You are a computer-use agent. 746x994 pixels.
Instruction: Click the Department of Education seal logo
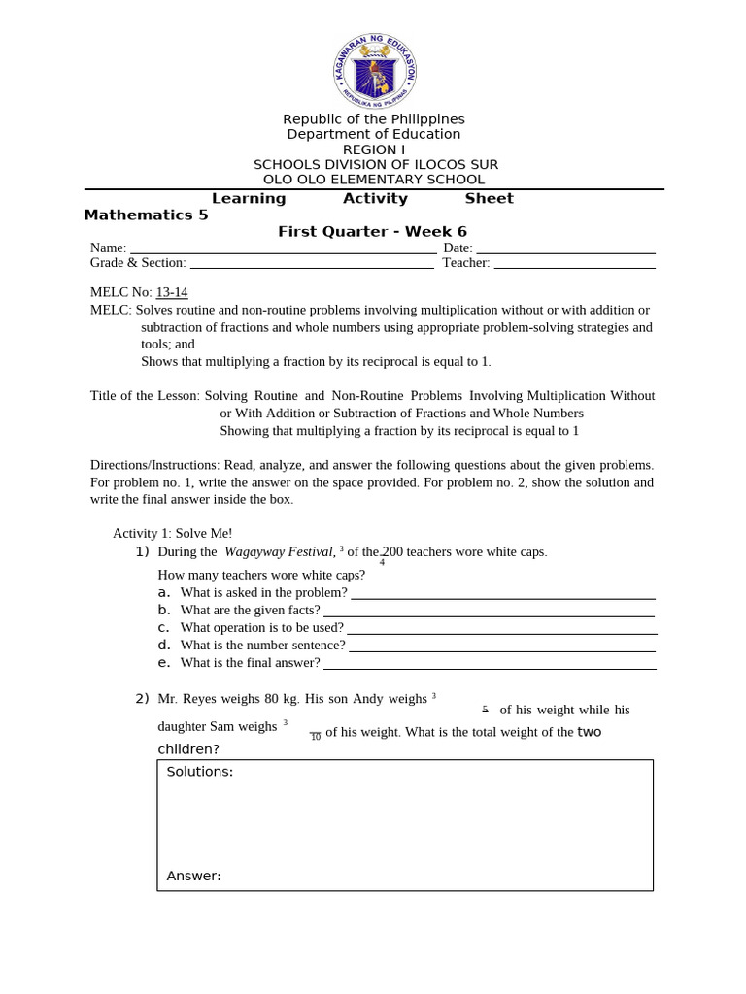click(374, 69)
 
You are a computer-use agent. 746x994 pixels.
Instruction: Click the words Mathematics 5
click(146, 215)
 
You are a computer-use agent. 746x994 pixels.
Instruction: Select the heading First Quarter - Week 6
click(372, 232)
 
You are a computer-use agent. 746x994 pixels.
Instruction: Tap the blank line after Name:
click(283, 251)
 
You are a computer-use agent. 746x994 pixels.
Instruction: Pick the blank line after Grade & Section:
click(312, 266)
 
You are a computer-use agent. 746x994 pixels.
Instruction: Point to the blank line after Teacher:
click(574, 266)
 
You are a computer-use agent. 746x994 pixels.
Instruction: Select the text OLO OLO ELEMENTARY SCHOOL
click(374, 180)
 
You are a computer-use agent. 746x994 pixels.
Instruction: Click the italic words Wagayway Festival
click(280, 552)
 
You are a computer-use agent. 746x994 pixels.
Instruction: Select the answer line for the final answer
click(489, 667)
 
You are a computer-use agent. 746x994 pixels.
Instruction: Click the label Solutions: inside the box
click(199, 772)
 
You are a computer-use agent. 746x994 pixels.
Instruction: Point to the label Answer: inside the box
click(193, 876)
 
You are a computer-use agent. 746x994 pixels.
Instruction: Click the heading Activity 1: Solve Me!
click(172, 533)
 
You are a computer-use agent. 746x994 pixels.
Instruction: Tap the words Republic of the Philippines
click(374, 119)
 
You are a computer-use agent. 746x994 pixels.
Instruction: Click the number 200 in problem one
click(392, 552)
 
